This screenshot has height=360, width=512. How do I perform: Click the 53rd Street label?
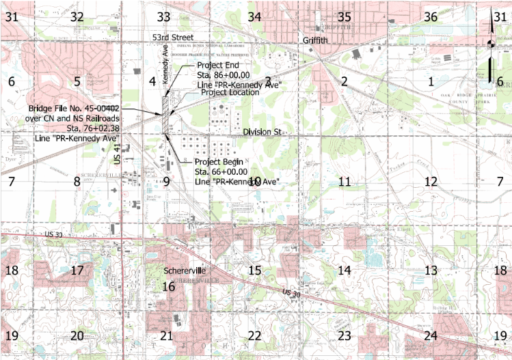[173, 37]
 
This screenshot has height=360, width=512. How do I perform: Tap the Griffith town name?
[316, 40]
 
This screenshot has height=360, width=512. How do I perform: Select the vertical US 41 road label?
[118, 154]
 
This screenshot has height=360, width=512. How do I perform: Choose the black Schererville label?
[185, 271]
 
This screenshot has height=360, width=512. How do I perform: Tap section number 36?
[430, 16]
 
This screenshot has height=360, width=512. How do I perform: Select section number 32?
[77, 16]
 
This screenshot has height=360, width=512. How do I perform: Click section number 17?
[77, 271]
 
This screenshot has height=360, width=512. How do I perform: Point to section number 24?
[430, 335]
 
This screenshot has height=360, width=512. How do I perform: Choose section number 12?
[430, 182]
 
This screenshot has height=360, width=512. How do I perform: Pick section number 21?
[166, 335]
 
